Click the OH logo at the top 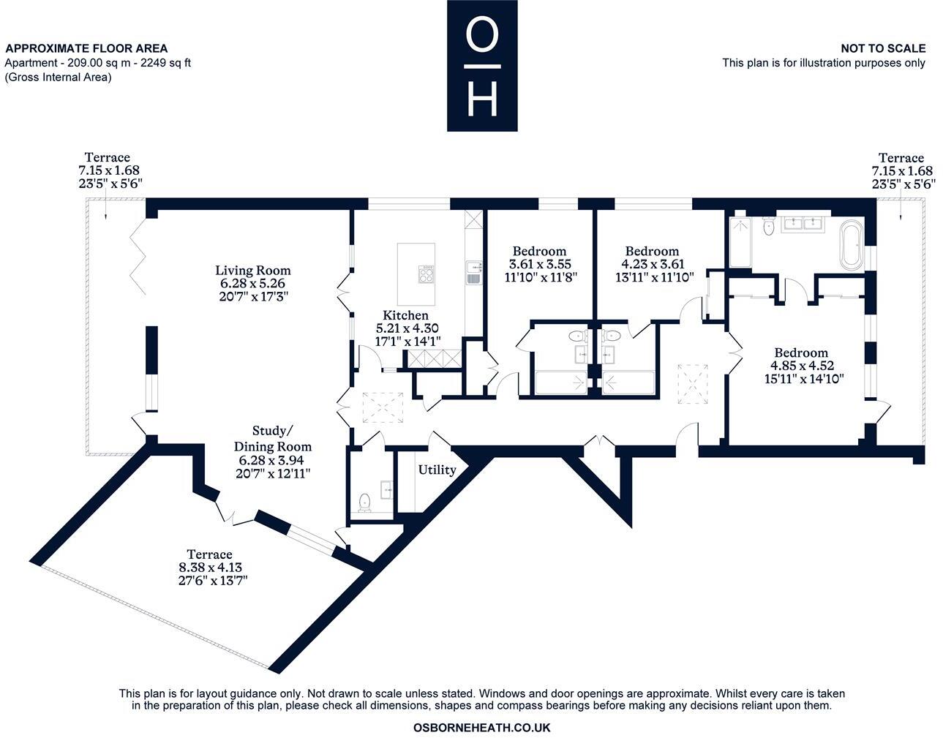point(482,66)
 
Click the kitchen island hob point(426,274)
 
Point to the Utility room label point(437,470)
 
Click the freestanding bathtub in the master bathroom point(852,244)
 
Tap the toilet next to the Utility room point(365,502)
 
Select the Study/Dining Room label point(272,438)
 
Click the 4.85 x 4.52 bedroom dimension point(802,366)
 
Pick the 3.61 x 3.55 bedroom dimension point(539,264)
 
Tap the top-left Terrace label point(107,157)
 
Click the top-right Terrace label point(901,157)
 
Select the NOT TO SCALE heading point(882,48)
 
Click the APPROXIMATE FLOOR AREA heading point(86,48)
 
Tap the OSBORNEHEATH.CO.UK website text point(481,728)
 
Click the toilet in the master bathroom point(767,226)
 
